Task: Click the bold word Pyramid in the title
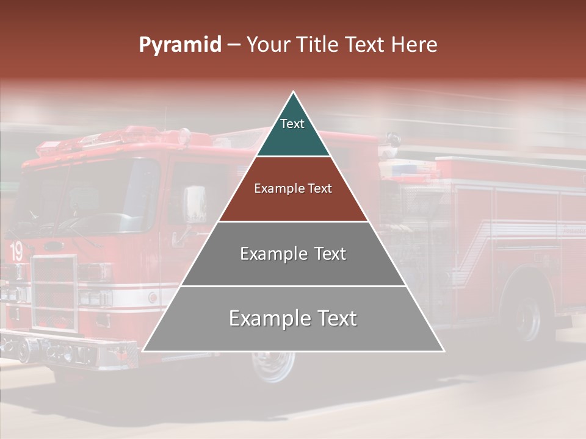[x=180, y=45]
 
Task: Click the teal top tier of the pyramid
[x=293, y=131]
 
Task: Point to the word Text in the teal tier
[x=292, y=124]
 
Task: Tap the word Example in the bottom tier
[x=264, y=318]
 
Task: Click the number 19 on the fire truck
[x=16, y=251]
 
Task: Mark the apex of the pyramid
[x=294, y=93]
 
